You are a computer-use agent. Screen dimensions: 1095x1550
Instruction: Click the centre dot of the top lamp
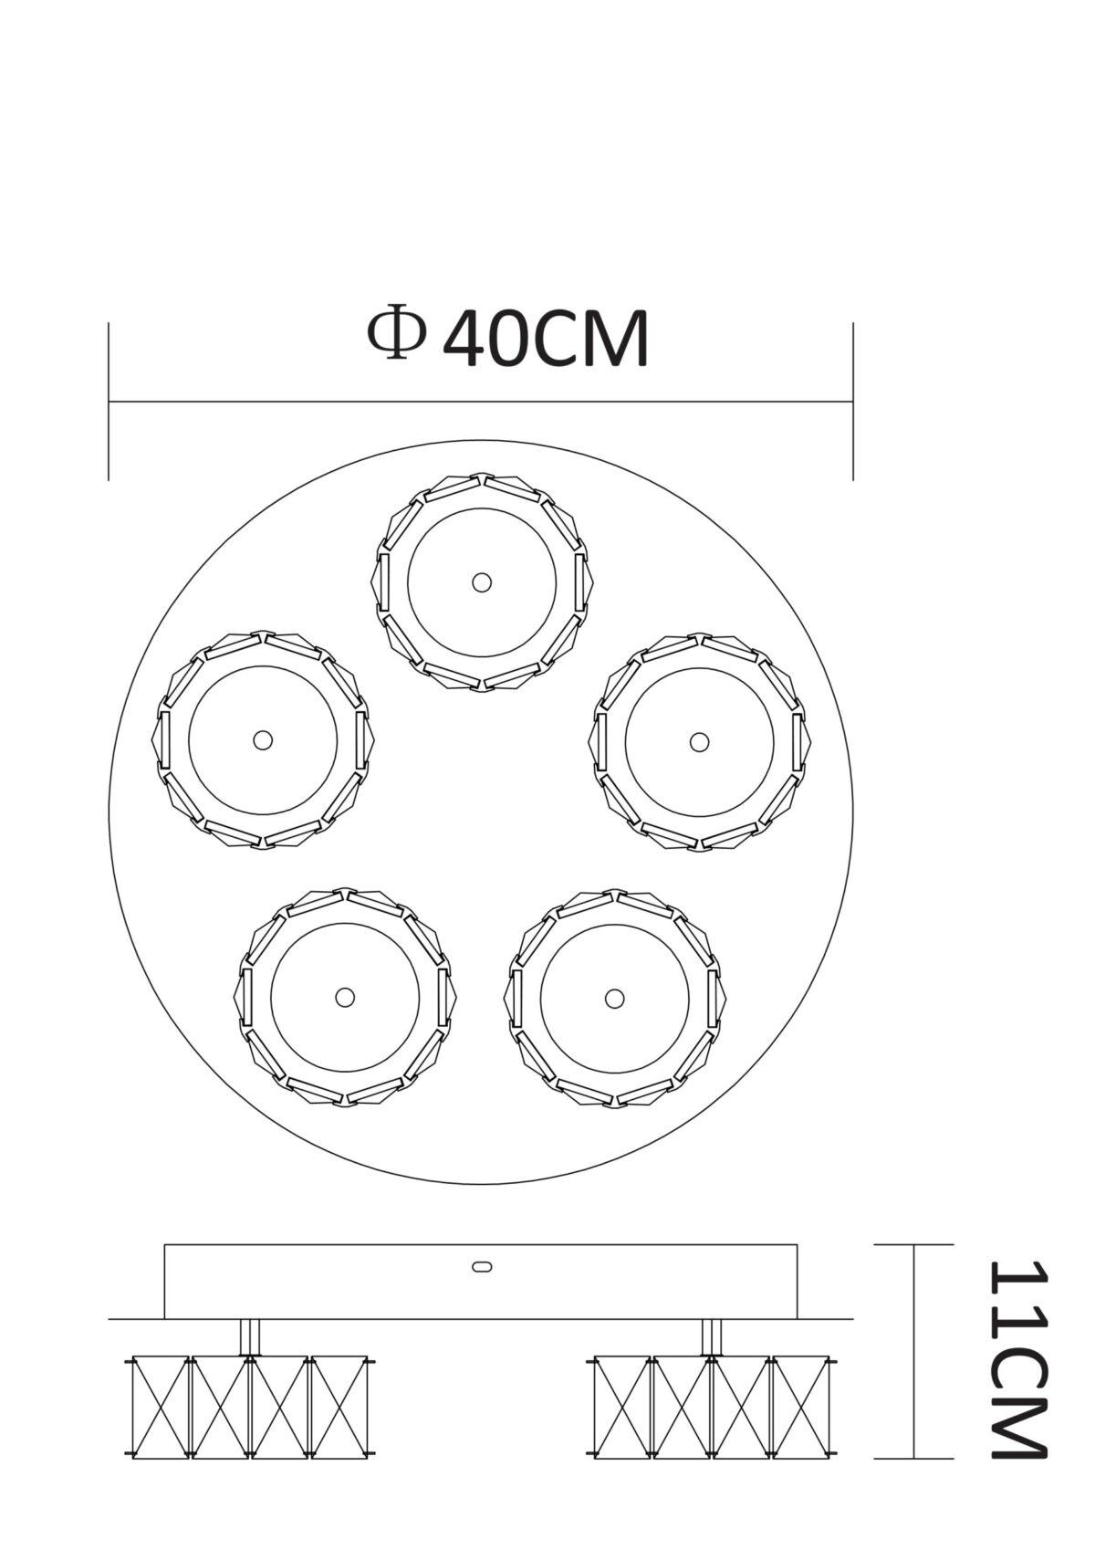(482, 582)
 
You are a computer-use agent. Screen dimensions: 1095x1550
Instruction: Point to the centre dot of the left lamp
(262, 739)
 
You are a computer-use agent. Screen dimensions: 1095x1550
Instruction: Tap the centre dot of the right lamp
(699, 742)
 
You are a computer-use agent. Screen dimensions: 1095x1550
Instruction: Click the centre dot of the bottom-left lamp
(345, 997)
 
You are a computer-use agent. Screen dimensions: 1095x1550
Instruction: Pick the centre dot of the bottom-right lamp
(613, 998)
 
